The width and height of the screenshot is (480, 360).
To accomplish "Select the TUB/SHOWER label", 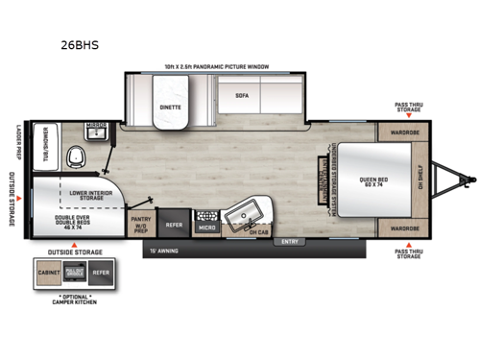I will (42, 148).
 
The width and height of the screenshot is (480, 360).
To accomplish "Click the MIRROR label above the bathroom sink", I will (94, 126).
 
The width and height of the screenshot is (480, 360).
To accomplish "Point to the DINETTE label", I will (171, 108).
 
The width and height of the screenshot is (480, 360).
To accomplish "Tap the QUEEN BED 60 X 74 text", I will (373, 180).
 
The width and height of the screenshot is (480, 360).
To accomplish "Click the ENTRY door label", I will (288, 242).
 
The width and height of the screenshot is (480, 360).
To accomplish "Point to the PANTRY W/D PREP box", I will (140, 223).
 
